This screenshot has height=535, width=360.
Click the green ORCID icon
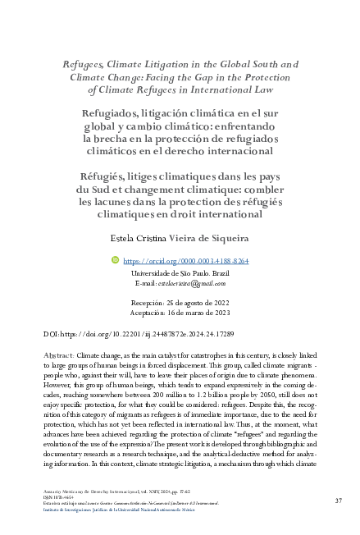[x=114, y=259]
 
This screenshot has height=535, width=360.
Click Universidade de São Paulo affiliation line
[x=180, y=272]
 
